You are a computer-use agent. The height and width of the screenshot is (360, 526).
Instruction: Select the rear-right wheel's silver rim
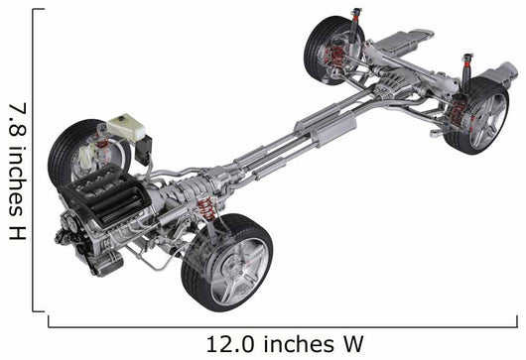(487, 120)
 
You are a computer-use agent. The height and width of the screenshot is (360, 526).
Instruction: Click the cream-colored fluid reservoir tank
(126, 128)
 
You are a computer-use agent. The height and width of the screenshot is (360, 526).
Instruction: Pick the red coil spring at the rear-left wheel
(337, 56)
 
